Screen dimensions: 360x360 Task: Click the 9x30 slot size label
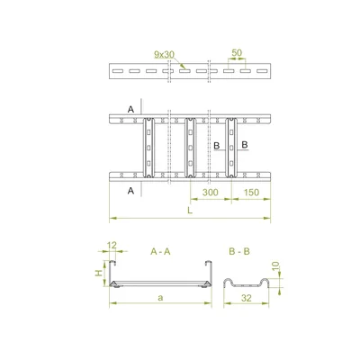163,54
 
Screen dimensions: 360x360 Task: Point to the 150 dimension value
251,193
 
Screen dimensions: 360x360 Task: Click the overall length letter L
188,211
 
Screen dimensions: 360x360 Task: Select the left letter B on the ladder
217,144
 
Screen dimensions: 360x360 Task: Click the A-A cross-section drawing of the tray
160,281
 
